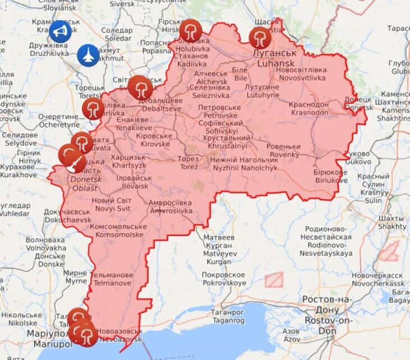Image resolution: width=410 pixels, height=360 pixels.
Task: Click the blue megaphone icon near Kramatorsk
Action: click(60, 31)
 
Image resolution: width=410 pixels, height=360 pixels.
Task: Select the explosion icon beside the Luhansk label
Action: click(260, 38)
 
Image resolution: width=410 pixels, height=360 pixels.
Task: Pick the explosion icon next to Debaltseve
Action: click(140, 87)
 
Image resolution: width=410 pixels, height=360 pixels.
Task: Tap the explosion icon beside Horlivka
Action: click(93, 109)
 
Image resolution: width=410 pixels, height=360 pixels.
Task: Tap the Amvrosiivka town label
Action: click(171, 207)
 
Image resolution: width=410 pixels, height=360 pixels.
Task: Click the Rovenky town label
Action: click(284, 150)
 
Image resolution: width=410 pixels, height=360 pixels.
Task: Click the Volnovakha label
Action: click(45, 244)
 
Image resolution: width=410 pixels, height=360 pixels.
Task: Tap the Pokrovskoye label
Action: click(224, 279)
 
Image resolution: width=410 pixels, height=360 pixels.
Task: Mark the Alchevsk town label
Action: click(211, 77)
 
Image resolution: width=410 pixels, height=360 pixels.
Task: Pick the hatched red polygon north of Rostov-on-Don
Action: click(273, 280)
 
